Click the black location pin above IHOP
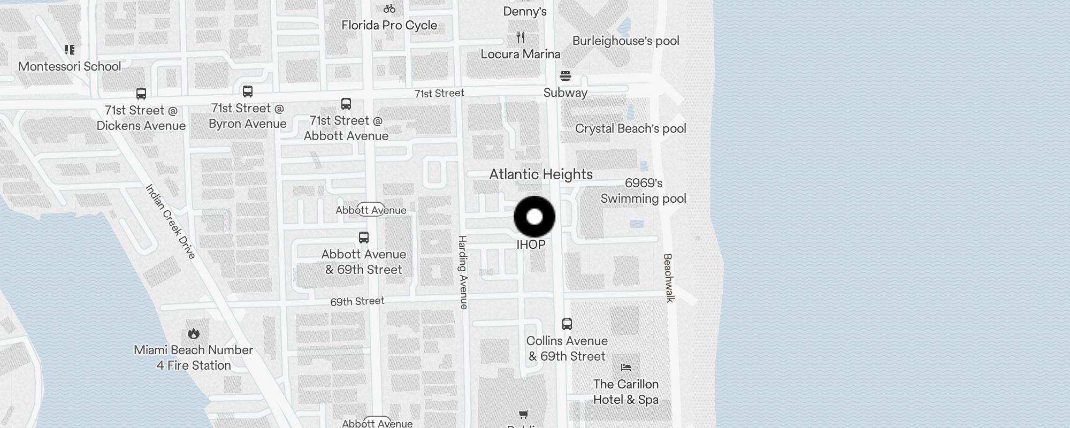click(x=534, y=217)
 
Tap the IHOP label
click(x=531, y=244)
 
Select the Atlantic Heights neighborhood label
click(x=541, y=174)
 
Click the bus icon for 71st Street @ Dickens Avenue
click(x=141, y=94)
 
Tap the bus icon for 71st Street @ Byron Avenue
click(x=248, y=91)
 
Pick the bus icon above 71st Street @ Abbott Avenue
click(x=346, y=104)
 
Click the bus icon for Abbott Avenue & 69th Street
click(x=364, y=238)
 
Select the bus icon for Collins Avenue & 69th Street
click(x=567, y=324)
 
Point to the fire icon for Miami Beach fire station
click(x=194, y=334)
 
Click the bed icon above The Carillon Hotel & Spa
click(x=626, y=368)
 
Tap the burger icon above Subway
click(x=565, y=76)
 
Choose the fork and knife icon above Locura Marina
click(x=521, y=37)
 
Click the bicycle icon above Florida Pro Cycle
click(x=389, y=9)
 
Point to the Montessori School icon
click(x=70, y=50)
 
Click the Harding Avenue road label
click(x=463, y=272)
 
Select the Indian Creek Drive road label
click(x=171, y=221)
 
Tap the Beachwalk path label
click(x=668, y=278)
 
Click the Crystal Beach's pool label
click(x=630, y=128)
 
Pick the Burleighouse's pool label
click(x=625, y=41)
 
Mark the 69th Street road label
click(x=357, y=301)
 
